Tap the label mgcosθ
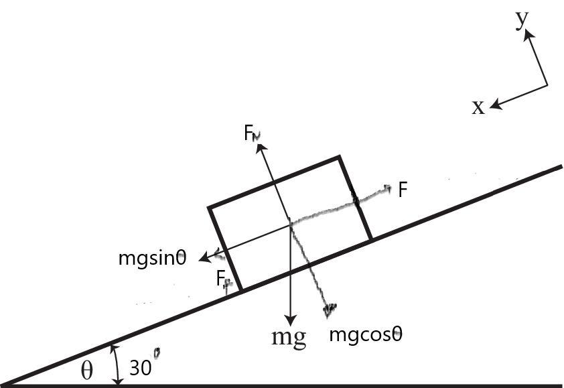[366, 333]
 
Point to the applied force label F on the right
[403, 190]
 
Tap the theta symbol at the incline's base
[87, 371]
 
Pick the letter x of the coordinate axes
[478, 107]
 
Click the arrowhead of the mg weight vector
[290, 318]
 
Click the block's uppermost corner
[339, 157]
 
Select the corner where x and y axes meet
[547, 85]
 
